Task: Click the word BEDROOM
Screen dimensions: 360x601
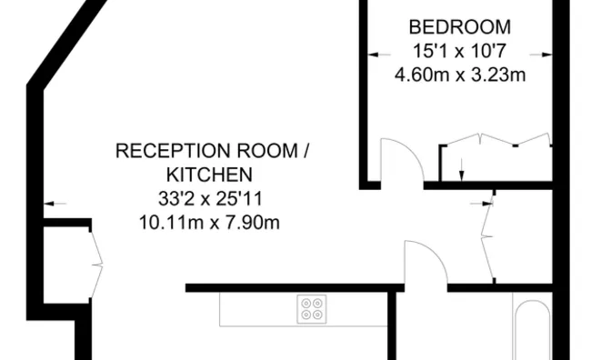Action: click(459, 26)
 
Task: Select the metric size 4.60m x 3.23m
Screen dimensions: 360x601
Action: click(459, 75)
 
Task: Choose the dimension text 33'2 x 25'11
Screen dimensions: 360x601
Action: click(209, 197)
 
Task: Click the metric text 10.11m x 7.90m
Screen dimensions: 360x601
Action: click(209, 221)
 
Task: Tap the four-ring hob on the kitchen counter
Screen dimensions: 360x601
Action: click(312, 309)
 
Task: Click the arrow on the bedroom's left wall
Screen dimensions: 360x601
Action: click(374, 52)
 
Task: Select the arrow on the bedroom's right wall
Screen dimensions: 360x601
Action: click(545, 52)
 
